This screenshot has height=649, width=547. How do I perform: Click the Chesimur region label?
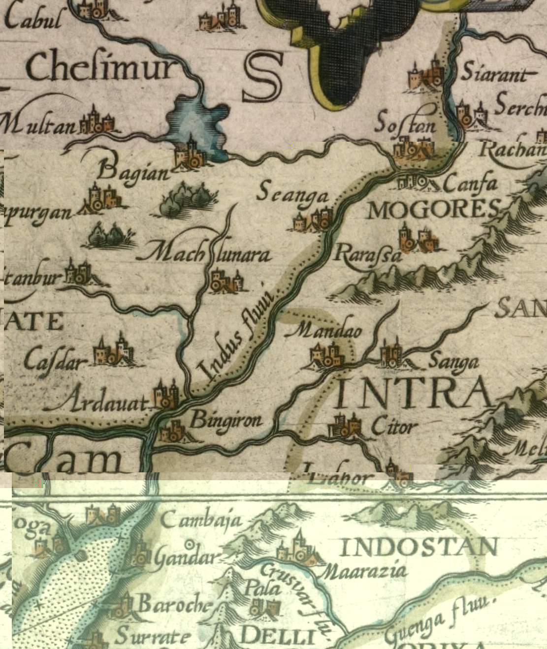[x=101, y=67]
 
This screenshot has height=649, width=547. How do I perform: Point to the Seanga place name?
[x=292, y=193]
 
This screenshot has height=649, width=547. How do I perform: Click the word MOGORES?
[x=434, y=211]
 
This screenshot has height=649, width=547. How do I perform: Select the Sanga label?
[x=453, y=362]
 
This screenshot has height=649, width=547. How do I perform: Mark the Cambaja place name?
[x=201, y=520]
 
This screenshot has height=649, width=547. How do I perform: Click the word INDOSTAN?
[x=419, y=547]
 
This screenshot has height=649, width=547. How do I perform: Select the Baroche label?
[x=175, y=604]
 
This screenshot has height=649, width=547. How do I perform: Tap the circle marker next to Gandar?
[x=189, y=544]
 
